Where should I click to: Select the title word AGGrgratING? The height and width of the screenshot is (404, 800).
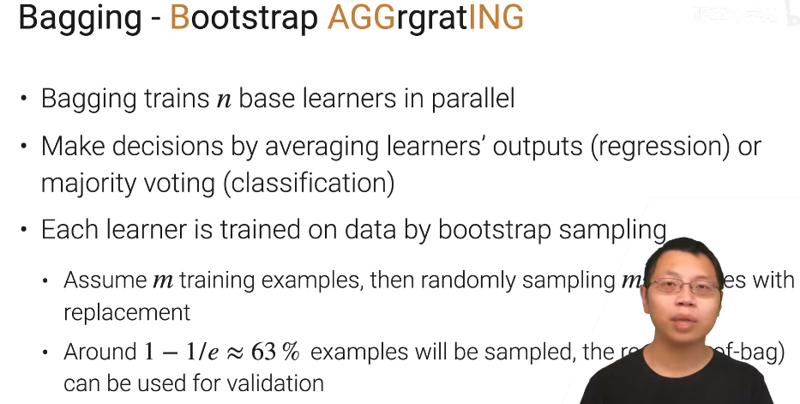click(x=424, y=18)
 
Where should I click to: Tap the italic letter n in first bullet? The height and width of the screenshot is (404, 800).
click(x=224, y=100)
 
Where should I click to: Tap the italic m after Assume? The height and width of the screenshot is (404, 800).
click(x=163, y=280)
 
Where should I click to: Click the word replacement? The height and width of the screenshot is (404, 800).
click(x=126, y=312)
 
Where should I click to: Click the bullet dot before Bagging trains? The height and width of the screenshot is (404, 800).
click(x=25, y=100)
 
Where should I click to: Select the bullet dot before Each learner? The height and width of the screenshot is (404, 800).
click(x=25, y=231)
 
